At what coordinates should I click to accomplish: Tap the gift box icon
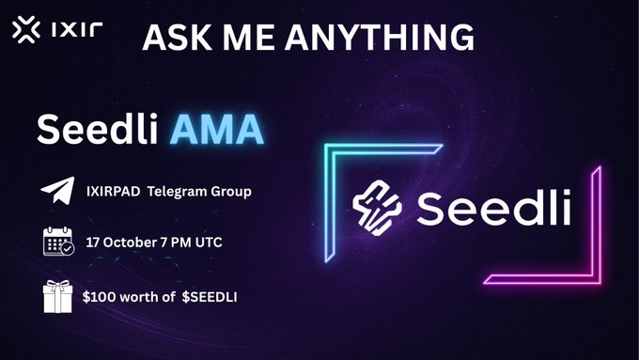[57, 298]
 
